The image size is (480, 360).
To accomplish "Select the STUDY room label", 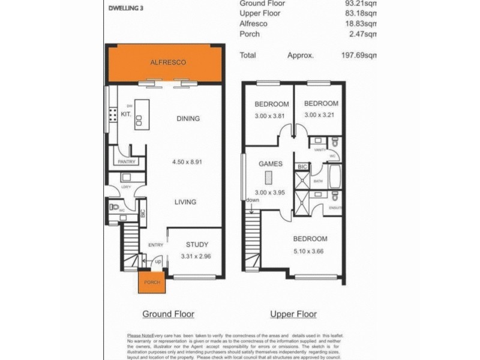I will point(197,245).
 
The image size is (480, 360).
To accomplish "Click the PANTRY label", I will point(127,161).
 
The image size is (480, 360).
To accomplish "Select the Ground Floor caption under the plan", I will point(168,314).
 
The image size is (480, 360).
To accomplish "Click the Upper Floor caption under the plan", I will point(293,314).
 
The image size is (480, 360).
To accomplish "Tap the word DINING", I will point(188,119).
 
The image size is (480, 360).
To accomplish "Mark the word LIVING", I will point(185,202).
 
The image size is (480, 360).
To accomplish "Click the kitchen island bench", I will point(140,112).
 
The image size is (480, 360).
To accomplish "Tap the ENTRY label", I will point(155,245).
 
